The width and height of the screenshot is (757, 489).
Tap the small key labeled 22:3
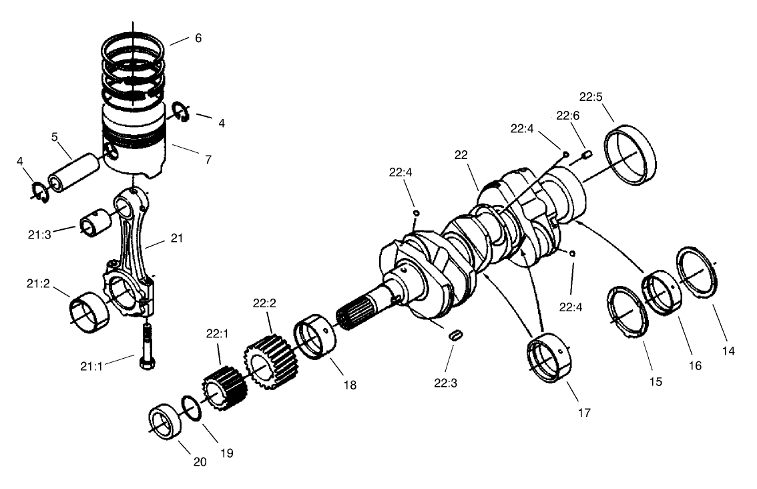click(x=456, y=336)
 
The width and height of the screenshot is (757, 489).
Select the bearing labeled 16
click(x=661, y=292)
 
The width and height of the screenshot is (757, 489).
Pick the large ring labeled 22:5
click(x=631, y=155)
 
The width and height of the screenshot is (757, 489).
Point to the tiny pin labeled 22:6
click(x=587, y=156)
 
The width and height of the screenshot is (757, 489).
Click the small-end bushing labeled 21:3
click(x=94, y=222)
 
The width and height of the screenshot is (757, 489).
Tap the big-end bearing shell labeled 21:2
click(x=89, y=313)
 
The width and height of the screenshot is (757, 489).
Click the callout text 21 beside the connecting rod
click(x=176, y=237)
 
